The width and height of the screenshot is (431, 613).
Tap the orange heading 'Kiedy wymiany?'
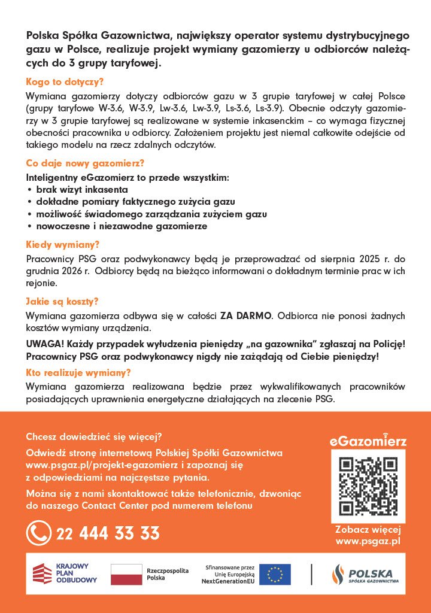[63, 244]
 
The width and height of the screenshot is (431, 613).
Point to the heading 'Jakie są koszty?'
[62, 301]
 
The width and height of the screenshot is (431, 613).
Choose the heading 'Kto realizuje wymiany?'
[78, 372]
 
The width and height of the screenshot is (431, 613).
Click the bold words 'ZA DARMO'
[245, 315]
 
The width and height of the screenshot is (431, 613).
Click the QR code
[368, 486]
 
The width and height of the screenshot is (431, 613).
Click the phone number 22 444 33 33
[108, 533]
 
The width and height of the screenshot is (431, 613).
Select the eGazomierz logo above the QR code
[368, 441]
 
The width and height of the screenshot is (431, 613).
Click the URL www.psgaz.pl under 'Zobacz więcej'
[368, 541]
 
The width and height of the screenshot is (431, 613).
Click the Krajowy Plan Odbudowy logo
[65, 573]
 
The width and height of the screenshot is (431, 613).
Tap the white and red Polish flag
[126, 573]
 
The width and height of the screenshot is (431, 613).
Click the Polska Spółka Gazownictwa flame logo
[339, 574]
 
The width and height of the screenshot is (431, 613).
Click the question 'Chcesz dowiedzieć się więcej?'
[94, 436]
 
